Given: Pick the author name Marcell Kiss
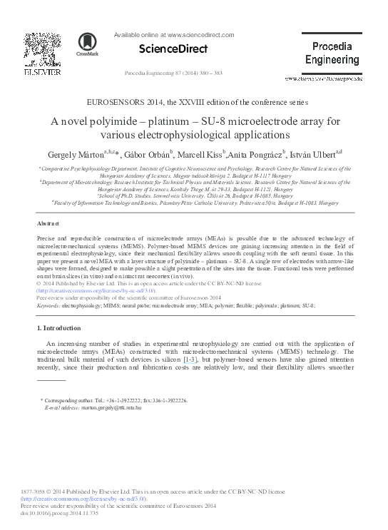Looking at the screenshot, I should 199,153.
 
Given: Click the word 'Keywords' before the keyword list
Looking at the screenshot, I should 48,305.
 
